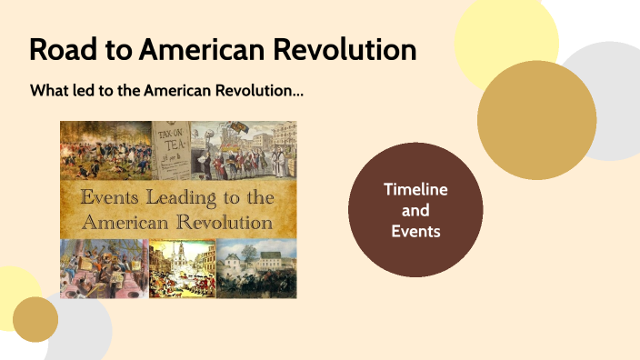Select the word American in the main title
point(203,49)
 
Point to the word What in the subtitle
point(49,92)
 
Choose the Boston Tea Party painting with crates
point(103,268)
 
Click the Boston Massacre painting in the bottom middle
point(182,268)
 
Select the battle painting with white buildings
point(256,268)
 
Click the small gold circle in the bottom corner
point(35,319)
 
